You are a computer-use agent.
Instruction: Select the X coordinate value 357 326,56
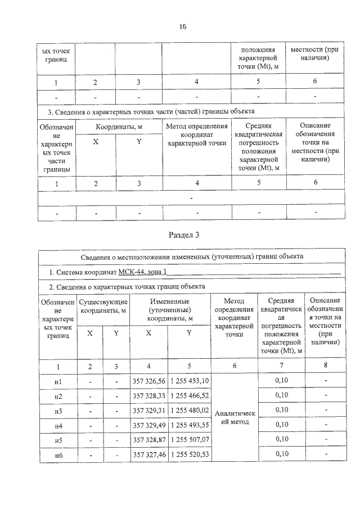click(148, 382)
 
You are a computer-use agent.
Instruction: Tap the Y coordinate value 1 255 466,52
click(189, 396)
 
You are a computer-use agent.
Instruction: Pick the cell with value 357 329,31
click(148, 411)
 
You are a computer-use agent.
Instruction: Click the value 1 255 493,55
click(189, 425)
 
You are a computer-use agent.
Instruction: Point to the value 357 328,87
click(148, 439)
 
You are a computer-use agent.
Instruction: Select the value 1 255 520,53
click(189, 453)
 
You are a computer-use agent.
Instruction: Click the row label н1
click(57, 382)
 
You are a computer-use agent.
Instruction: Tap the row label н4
click(57, 425)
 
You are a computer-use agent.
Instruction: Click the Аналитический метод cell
click(235, 418)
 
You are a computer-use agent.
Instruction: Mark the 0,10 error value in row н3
click(281, 411)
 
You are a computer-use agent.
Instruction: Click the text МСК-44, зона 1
click(143, 272)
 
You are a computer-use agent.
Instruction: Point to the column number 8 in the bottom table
click(326, 366)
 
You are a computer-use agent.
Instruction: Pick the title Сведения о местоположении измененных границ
click(191, 256)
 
